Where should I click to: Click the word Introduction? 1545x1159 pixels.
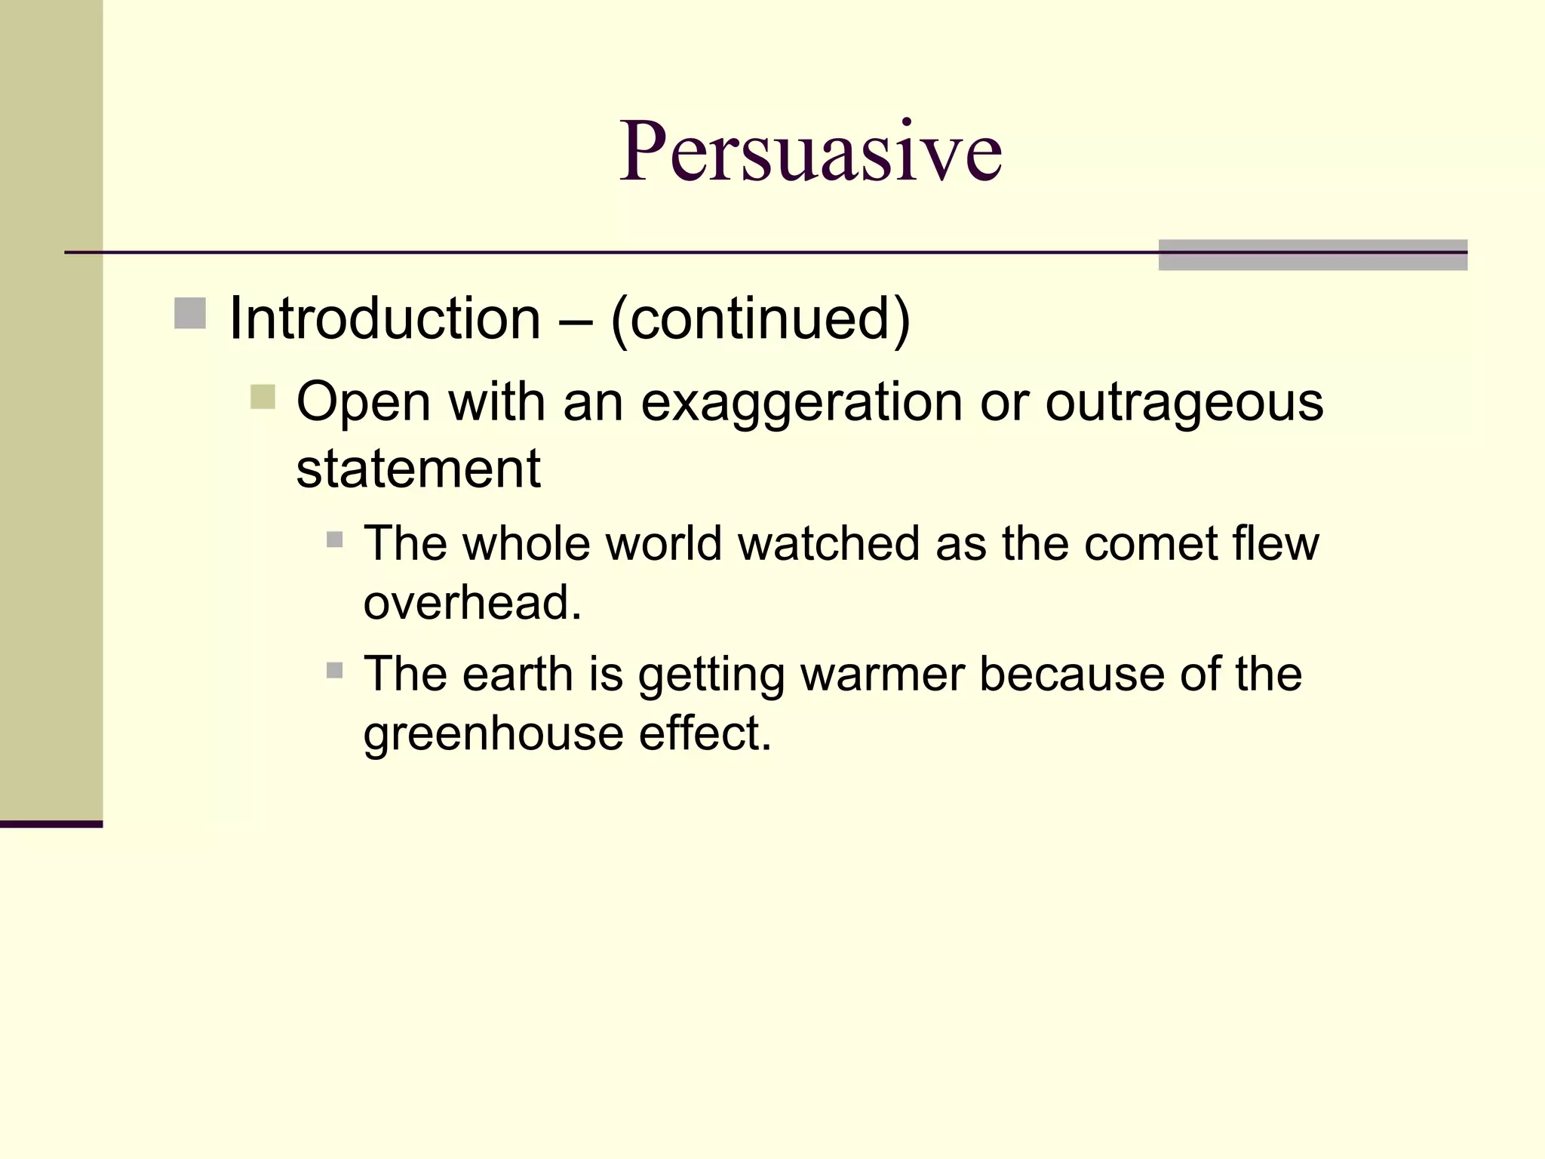[385, 318]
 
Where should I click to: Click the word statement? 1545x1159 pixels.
[418, 469]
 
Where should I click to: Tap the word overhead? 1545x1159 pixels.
[472, 603]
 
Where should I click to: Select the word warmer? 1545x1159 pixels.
[883, 674]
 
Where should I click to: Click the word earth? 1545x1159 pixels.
[518, 674]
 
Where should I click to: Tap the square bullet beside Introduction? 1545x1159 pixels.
[190, 314]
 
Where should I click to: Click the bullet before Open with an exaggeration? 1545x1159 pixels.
[263, 397]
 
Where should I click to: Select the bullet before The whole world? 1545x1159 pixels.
[335, 540]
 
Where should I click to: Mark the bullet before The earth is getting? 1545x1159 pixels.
[335, 670]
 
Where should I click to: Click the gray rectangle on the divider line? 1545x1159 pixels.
[1313, 255]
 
